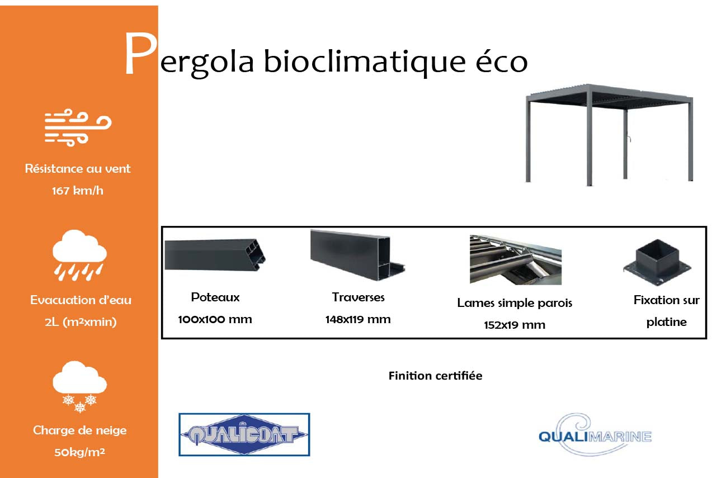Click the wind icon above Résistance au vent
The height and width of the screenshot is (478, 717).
click(x=78, y=128)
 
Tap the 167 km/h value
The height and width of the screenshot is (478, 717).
click(x=78, y=191)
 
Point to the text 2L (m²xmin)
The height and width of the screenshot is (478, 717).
click(x=81, y=321)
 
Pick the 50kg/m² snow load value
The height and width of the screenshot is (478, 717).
click(x=80, y=452)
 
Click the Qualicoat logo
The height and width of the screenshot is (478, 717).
click(x=244, y=434)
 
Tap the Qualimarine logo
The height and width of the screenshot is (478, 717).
click(x=595, y=434)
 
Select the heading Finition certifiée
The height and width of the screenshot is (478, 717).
click(x=435, y=376)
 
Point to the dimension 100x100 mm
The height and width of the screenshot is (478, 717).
click(x=215, y=320)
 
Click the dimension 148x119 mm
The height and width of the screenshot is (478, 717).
click(x=358, y=320)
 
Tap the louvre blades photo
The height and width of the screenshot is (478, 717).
click(x=515, y=259)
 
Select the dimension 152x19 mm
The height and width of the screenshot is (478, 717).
click(x=515, y=325)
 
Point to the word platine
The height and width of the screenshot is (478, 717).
click(x=666, y=323)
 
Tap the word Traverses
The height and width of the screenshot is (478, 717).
click(x=358, y=297)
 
